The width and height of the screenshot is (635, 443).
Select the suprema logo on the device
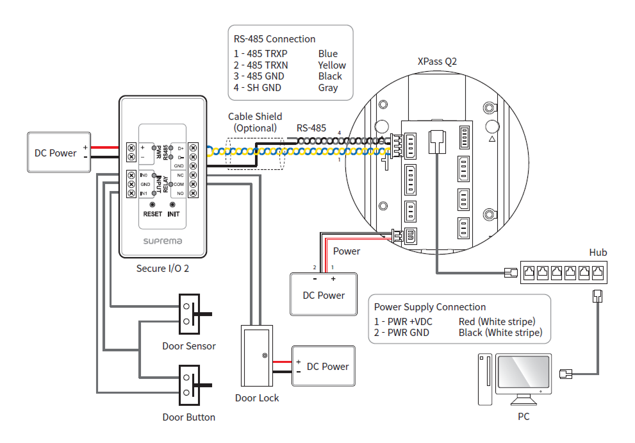pyautogui.click(x=162, y=241)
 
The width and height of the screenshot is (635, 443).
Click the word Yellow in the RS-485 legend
pyautogui.click(x=331, y=65)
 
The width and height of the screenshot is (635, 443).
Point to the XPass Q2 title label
pyautogui.click(x=437, y=62)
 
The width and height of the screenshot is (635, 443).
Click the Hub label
pyautogui.click(x=598, y=253)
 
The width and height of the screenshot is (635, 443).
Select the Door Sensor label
pyautogui.click(x=188, y=346)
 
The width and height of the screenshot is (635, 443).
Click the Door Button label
pyautogui.click(x=188, y=417)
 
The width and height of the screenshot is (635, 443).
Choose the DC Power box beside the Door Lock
pyautogui.click(x=323, y=366)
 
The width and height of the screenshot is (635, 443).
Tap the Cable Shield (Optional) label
pyautogui.click(x=255, y=122)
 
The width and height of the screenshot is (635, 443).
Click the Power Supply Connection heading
pyautogui.click(x=430, y=307)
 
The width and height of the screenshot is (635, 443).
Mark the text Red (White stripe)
pyautogui.click(x=497, y=321)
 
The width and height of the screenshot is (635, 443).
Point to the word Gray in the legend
pyautogui.click(x=327, y=88)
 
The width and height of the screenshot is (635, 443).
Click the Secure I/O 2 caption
pyautogui.click(x=162, y=269)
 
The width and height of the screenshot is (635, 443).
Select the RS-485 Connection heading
pyautogui.click(x=274, y=39)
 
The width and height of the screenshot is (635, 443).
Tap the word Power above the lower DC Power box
pyautogui.click(x=347, y=251)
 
